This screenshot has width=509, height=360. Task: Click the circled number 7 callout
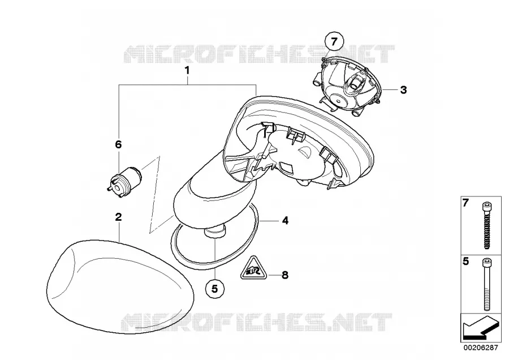(334, 41)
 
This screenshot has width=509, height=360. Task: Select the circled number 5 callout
(214, 289)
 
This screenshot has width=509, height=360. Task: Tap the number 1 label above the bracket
(187, 70)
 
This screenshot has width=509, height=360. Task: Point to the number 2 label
(119, 217)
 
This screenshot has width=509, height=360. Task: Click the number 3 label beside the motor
(403, 89)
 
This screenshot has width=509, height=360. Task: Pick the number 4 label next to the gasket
(285, 221)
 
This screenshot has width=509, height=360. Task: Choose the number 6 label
(119, 144)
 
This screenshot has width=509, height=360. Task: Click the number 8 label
(284, 275)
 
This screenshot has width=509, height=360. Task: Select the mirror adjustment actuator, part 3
(347, 86)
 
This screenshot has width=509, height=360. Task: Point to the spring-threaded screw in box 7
(486, 225)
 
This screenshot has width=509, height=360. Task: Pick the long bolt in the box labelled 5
(486, 285)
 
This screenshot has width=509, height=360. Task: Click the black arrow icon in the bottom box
(480, 329)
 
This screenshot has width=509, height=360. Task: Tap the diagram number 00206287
(480, 348)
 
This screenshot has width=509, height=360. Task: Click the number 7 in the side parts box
(465, 203)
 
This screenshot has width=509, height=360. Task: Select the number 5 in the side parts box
(465, 262)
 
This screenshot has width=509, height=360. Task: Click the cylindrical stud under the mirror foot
(214, 233)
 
